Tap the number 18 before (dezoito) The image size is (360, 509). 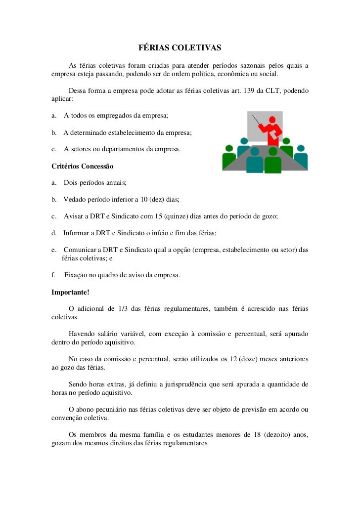click(x=257, y=435)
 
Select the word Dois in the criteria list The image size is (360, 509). click(x=71, y=183)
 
